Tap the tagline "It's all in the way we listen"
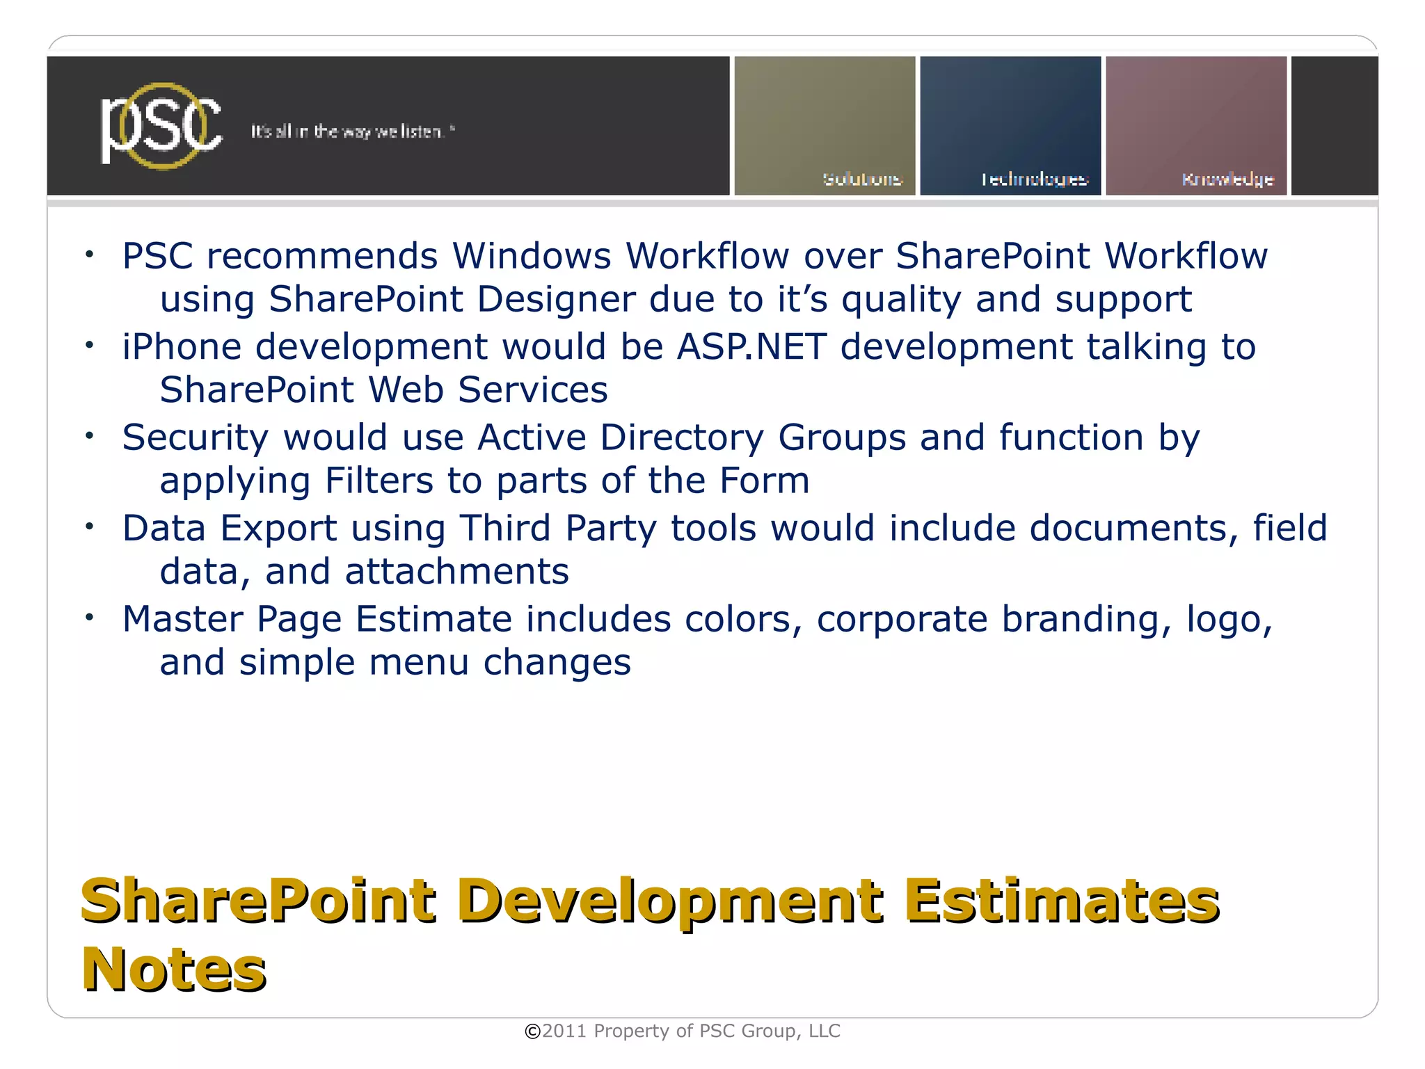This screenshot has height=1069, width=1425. (351, 131)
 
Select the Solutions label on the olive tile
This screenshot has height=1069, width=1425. (861, 179)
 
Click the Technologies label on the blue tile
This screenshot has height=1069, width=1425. (1034, 179)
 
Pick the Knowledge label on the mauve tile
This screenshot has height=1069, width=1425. (1227, 179)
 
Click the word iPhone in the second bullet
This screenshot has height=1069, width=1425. (182, 346)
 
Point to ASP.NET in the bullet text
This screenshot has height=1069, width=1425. (751, 346)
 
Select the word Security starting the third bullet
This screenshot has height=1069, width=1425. (195, 437)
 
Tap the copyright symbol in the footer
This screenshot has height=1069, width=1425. (532, 1031)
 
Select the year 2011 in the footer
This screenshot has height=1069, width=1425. (564, 1031)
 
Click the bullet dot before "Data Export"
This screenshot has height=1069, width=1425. (89, 527)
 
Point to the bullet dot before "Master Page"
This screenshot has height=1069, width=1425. (89, 617)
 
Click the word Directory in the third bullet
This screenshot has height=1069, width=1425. (682, 437)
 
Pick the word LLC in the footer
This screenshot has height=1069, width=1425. (824, 1031)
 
